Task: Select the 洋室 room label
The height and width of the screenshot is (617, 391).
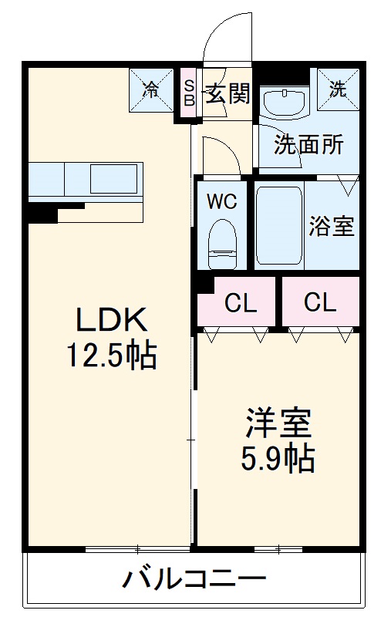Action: click(x=278, y=425)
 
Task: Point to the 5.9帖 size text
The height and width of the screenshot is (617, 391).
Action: click(x=278, y=460)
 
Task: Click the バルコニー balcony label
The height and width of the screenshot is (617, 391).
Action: click(x=193, y=578)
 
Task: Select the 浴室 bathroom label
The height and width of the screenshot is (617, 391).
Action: click(x=332, y=227)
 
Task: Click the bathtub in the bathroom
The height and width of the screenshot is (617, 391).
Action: click(x=279, y=225)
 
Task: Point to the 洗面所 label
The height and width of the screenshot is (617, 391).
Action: click(x=308, y=145)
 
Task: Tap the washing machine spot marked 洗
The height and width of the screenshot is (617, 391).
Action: click(x=338, y=89)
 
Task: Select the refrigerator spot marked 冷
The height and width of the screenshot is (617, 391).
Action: click(x=152, y=89)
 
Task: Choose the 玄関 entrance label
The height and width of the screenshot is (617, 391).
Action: click(x=228, y=95)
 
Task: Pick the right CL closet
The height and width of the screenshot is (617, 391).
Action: click(x=320, y=303)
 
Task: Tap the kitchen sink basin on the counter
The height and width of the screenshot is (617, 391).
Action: click(x=114, y=180)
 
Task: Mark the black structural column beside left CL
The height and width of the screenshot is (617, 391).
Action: click(x=204, y=285)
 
